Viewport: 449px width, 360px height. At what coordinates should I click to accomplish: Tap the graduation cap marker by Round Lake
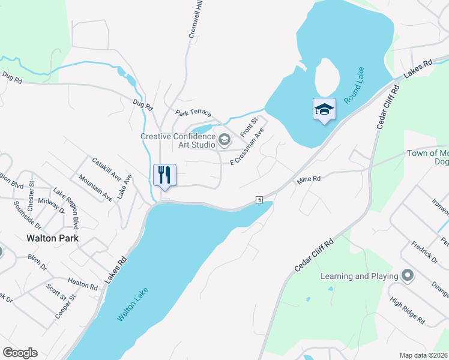pyautogui.click(x=324, y=109)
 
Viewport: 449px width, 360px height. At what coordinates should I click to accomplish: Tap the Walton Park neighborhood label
pyautogui.click(x=53, y=238)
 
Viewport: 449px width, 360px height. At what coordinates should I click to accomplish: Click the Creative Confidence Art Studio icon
pyautogui.click(x=224, y=140)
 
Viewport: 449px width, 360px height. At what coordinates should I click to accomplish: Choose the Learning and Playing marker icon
pyautogui.click(x=408, y=276)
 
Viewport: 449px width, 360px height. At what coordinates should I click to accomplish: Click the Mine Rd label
pyautogui.click(x=309, y=179)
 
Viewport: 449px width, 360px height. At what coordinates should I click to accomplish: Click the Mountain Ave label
pyautogui.click(x=95, y=188)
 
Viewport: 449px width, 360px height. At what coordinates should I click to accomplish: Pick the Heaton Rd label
pyautogui.click(x=83, y=283)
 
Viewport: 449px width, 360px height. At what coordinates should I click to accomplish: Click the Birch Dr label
pyautogui.click(x=37, y=263)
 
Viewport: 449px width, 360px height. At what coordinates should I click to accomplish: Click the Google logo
pyautogui.click(x=20, y=353)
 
